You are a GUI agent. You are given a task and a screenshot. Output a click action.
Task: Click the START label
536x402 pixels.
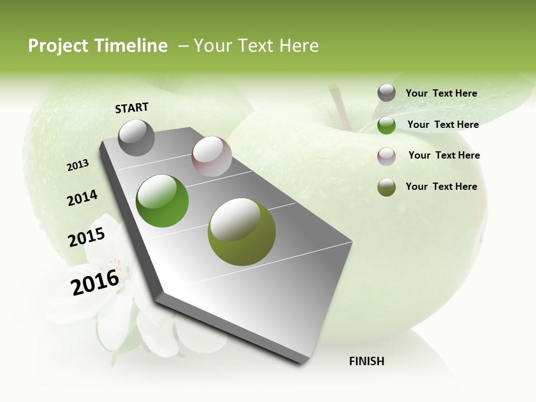tap(132, 108)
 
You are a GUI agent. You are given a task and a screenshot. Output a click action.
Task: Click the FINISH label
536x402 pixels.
tap(367, 361)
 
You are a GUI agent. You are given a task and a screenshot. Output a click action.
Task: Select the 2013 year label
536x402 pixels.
tap(78, 165)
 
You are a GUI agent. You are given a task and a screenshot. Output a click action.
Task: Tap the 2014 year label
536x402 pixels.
tap(82, 198)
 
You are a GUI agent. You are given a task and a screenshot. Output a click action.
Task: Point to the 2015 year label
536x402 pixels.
tap(87, 237)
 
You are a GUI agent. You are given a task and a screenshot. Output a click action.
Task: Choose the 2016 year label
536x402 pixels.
tap(95, 283)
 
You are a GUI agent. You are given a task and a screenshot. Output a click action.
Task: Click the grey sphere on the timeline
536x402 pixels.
tap(137, 137)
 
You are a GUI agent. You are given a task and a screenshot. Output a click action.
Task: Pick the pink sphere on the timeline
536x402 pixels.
tap(212, 156)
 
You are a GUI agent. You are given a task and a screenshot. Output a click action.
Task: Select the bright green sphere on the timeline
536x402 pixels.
tap(162, 201)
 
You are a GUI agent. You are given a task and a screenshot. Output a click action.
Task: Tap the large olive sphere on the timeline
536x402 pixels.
tap(241, 232)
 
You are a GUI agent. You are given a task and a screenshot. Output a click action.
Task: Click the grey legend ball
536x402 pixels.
tap(386, 93)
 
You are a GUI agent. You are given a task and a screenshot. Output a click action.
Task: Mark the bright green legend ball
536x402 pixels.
tap(386, 125)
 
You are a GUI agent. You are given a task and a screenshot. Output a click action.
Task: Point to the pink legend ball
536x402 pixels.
tap(386, 156)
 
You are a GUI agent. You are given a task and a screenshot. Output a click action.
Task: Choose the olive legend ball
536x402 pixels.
tap(386, 187)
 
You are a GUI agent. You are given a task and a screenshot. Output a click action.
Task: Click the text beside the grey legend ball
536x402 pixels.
tap(441, 93)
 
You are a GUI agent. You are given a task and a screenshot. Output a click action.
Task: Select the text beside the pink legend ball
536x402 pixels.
tap(444, 155)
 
